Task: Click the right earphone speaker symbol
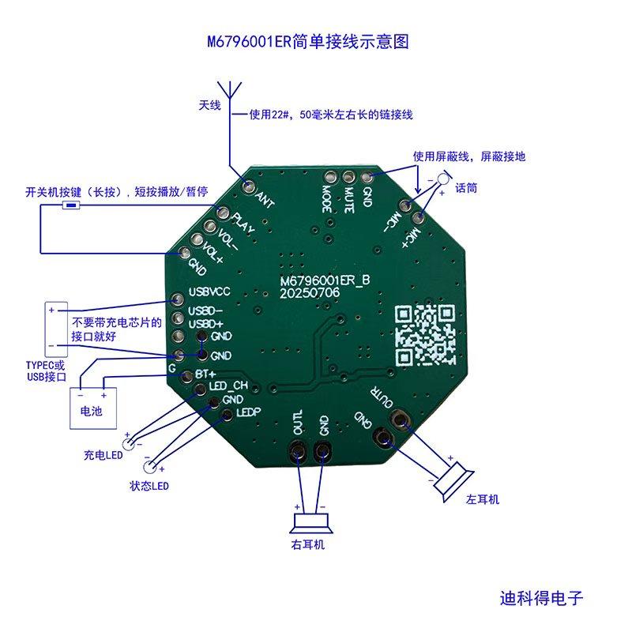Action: pyautogui.click(x=310, y=521)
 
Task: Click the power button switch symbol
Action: pyautogui.click(x=72, y=207)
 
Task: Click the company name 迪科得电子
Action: pyautogui.click(x=541, y=598)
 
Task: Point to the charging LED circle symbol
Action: pyautogui.click(x=126, y=436)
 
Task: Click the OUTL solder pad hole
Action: pyautogui.click(x=299, y=453)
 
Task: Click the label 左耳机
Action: pyautogui.click(x=483, y=500)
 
